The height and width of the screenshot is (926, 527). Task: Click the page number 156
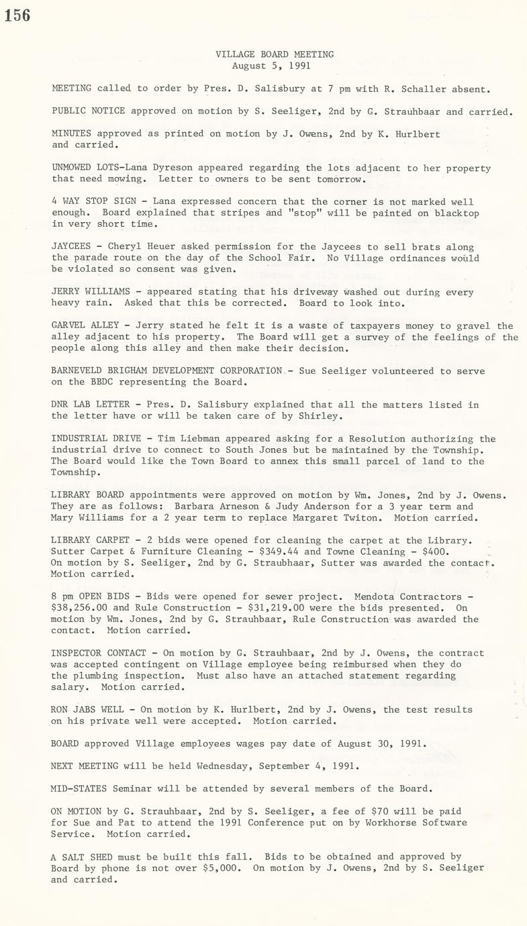[17, 15]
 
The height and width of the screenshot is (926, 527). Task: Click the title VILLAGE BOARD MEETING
[275, 54]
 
